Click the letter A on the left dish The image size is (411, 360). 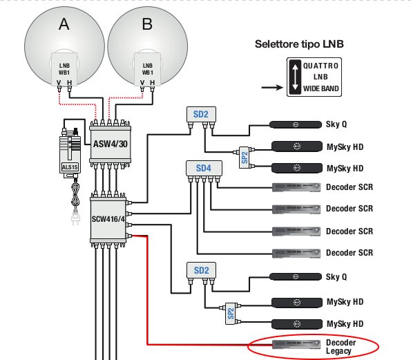pos(64,24)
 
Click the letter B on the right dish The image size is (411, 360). pos(147,24)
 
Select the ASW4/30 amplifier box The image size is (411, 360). pos(110,144)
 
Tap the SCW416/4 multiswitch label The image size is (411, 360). pos(108,218)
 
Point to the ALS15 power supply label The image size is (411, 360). pos(70,167)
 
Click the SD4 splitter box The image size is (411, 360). pos(204,168)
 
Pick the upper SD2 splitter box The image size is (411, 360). pos(201,114)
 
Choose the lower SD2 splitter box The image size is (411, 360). pos(201,270)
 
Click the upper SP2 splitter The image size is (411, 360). pos(245,158)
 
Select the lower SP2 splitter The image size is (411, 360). pos(231,313)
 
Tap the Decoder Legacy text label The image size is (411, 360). pos(341,347)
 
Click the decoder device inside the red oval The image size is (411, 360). pos(296,344)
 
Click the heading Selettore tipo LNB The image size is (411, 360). pos(299,44)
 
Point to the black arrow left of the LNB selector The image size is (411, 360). pos(272,88)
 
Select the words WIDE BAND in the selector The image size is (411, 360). pos(321,88)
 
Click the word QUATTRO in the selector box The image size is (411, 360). pos(321,66)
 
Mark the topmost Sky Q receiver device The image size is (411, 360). pos(296,124)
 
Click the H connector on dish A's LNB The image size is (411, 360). pos(69,86)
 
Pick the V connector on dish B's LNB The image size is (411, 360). pos(142,86)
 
